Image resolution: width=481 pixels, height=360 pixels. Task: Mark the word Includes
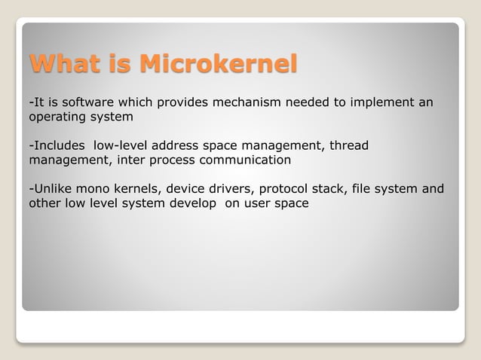tap(59, 145)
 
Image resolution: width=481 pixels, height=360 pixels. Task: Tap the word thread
tap(349, 145)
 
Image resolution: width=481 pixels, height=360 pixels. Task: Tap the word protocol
tap(283, 188)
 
